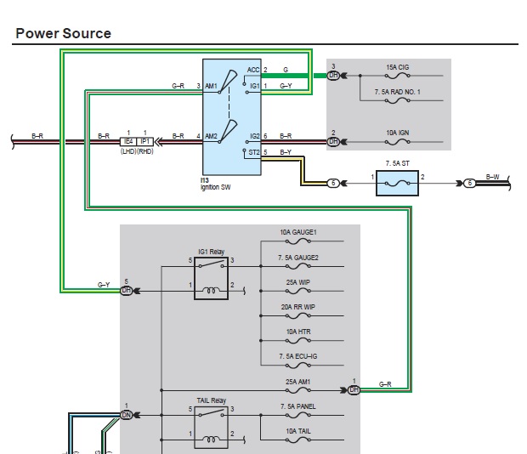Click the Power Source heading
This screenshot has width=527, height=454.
63,34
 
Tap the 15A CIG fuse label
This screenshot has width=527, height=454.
398,67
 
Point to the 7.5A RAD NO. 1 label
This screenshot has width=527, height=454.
397,91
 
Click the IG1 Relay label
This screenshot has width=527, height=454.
210,253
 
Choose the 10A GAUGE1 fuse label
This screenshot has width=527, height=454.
299,232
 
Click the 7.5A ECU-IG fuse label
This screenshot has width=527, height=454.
298,356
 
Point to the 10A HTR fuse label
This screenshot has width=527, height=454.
297,332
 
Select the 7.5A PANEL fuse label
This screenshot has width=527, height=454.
297,406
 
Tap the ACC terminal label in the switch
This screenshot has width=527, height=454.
253,69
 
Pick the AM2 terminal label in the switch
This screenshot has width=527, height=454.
212,136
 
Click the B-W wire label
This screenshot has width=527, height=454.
492,177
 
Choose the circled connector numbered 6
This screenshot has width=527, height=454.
469,183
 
